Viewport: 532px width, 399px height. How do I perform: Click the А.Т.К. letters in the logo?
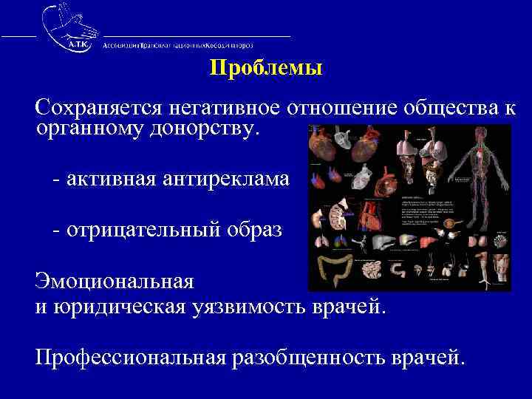pyautogui.click(x=76, y=45)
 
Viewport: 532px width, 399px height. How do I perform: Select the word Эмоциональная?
pyautogui.click(x=115, y=282)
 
